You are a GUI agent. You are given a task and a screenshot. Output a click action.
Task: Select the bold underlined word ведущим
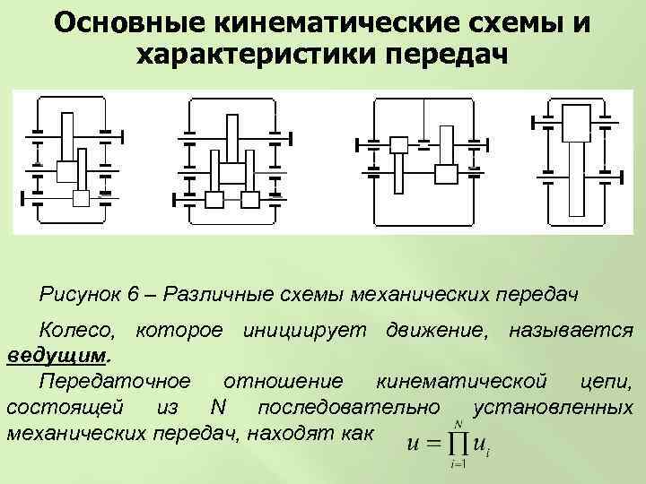56,356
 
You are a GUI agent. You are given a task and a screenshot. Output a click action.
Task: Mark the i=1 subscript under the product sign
459,463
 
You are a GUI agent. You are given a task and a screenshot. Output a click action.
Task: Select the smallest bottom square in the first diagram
82,198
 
